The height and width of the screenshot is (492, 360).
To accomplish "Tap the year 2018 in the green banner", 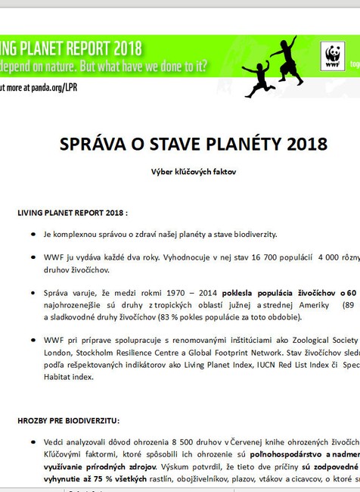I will (120, 46).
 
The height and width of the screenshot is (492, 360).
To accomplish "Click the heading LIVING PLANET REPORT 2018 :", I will (73, 213).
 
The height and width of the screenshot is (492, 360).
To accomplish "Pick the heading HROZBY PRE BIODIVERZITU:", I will (69, 420).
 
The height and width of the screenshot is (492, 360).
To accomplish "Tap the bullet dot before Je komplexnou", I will (34, 235).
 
